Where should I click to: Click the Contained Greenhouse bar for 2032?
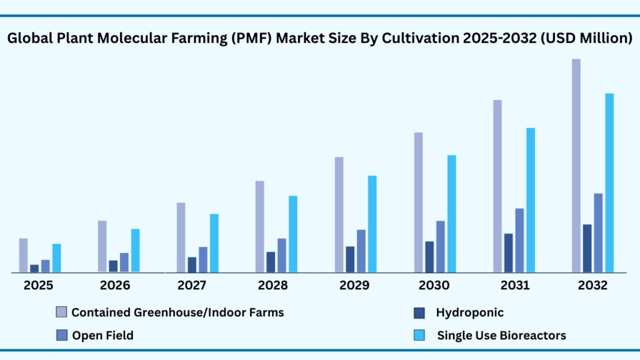pos(576,166)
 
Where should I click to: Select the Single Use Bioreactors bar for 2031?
pos(531,201)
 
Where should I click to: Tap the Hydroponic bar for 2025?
pos(34,269)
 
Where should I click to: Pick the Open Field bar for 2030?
pos(441,247)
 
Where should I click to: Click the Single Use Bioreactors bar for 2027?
pos(214,244)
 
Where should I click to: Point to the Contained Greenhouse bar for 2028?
pos(259,227)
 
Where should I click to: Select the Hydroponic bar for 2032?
pos(587,249)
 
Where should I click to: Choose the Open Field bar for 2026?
pos(124,263)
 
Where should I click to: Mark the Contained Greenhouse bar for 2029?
pos(339,215)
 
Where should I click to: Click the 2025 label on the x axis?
pos(38,286)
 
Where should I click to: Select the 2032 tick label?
pos(592,286)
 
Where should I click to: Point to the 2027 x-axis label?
pos(193,286)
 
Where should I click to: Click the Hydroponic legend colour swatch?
pos(420,312)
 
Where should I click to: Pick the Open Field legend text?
pos(102,336)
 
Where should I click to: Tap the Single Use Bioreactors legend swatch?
pos(420,336)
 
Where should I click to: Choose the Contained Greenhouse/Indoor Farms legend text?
pos(177,312)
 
